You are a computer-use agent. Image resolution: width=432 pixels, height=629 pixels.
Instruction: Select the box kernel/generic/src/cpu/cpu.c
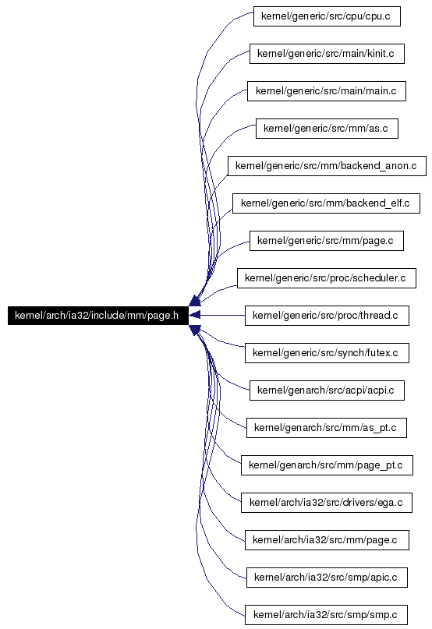(327, 16)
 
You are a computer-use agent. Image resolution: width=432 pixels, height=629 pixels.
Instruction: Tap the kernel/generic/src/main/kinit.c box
(327, 54)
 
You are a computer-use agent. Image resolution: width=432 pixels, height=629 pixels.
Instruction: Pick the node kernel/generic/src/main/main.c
(327, 91)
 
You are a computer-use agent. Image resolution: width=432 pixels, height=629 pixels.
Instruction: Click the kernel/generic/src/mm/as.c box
(327, 129)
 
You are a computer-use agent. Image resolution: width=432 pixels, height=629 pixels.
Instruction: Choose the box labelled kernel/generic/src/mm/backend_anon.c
(327, 166)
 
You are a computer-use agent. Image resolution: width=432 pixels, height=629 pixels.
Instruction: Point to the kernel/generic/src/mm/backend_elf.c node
(326, 203)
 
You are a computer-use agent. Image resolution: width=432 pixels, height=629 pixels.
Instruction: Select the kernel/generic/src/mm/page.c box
(327, 241)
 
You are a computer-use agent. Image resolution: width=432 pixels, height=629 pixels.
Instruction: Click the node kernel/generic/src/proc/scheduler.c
(327, 278)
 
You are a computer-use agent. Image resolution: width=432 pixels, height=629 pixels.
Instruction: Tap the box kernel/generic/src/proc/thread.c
(327, 316)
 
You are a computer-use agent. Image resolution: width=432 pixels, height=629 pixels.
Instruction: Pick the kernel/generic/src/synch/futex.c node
(327, 353)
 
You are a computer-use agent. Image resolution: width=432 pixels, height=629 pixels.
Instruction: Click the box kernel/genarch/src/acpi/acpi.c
(327, 390)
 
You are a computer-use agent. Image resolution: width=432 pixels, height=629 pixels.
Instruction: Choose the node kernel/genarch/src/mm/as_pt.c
(327, 428)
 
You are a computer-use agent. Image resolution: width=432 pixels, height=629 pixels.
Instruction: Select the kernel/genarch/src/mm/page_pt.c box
(327, 465)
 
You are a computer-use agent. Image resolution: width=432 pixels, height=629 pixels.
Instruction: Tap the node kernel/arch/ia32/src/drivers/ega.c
(327, 503)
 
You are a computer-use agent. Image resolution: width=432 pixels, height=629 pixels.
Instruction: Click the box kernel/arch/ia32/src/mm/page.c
(327, 540)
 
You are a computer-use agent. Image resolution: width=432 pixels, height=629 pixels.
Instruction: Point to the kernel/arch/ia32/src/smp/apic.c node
(327, 578)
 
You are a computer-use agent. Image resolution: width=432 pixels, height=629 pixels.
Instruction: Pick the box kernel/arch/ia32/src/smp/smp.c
(327, 614)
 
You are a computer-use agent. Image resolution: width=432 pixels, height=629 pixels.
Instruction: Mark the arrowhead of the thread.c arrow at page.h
(194, 316)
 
